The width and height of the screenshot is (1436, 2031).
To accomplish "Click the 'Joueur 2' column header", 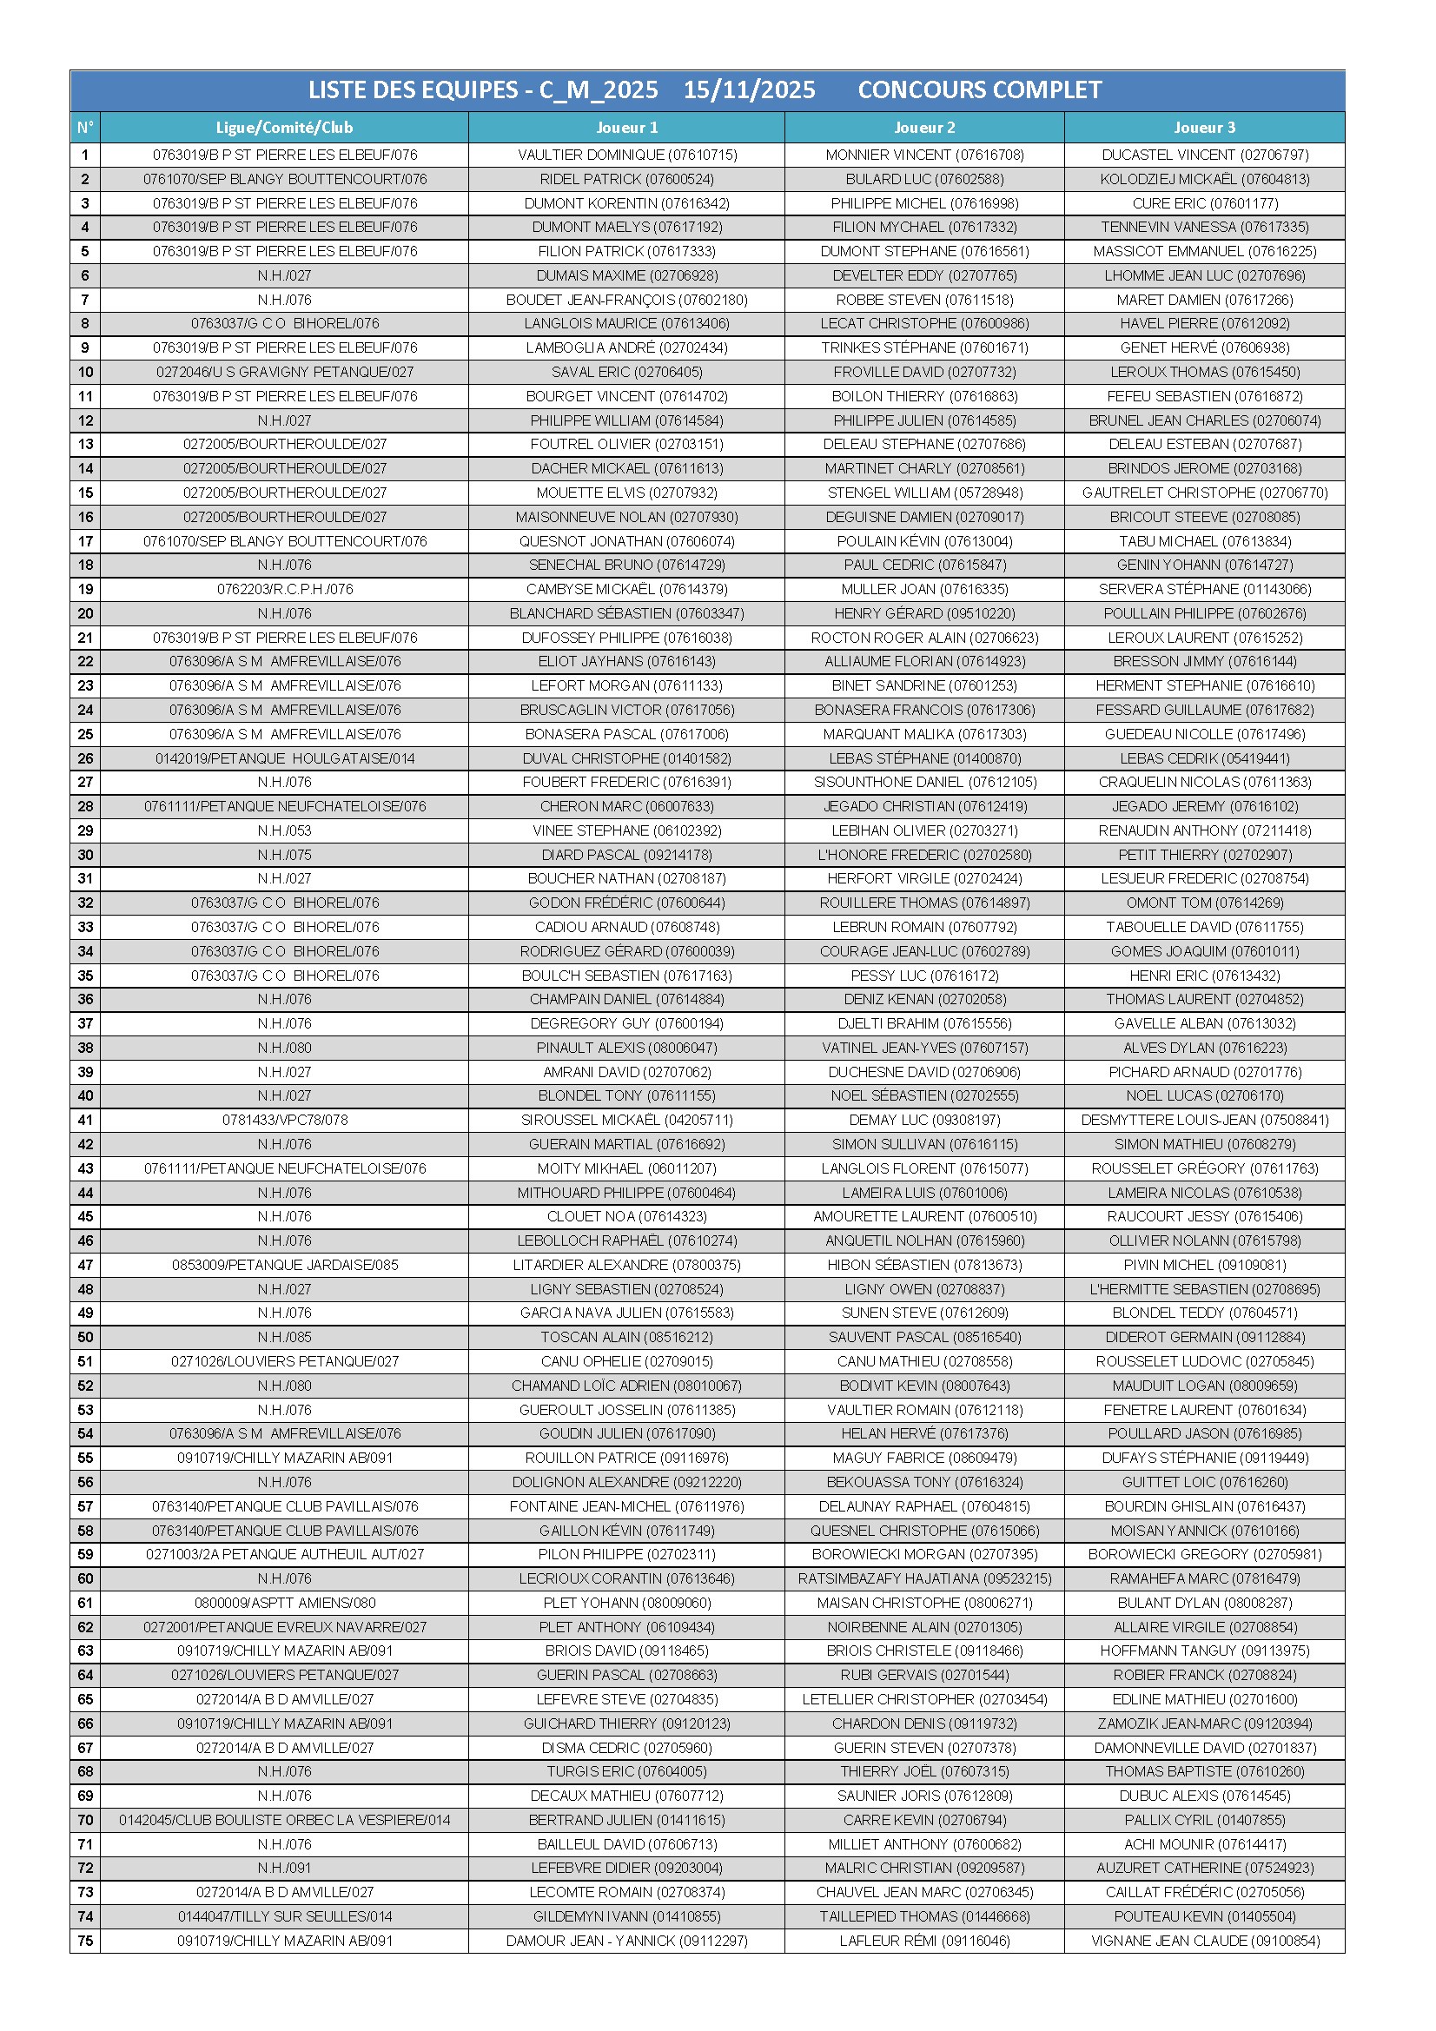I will [923, 128].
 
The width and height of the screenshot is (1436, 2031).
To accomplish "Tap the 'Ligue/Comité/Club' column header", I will [284, 128].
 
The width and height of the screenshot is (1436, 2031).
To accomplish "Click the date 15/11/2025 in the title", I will [749, 90].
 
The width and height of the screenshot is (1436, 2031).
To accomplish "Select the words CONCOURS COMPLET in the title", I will [979, 90].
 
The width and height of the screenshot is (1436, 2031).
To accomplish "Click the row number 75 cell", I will [85, 1940].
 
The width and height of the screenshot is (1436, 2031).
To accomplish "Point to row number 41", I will [85, 1120].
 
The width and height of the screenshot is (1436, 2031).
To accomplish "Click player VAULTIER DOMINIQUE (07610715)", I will [626, 155].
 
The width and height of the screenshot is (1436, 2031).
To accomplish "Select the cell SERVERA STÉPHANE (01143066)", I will [1204, 589].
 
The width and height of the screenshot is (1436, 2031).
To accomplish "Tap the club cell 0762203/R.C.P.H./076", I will [284, 589].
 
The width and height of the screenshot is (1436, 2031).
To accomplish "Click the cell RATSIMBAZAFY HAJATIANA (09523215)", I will [923, 1578].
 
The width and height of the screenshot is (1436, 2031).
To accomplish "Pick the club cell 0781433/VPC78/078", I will [284, 1120].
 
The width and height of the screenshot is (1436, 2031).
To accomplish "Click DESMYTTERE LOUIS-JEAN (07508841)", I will [1204, 1120].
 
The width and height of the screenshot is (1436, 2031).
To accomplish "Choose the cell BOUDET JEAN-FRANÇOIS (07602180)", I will [626, 300].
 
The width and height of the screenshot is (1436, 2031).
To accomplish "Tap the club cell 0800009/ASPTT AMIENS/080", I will [284, 1602].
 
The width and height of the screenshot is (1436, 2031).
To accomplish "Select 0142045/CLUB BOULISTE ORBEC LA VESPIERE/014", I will [284, 1820].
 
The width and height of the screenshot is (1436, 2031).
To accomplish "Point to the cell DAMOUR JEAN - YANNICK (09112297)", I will [626, 1940].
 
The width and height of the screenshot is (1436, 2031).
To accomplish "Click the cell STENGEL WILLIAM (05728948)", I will [923, 493].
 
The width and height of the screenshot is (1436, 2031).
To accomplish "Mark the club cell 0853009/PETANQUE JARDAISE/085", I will [284, 1265].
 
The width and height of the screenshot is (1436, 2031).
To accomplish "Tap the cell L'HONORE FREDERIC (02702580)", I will [923, 855].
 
